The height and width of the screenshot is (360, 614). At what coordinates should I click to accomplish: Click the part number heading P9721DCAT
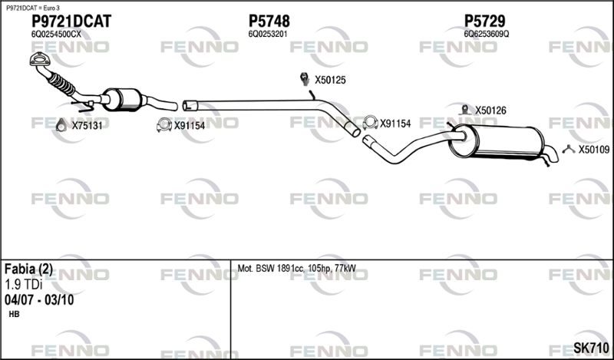point(71,21)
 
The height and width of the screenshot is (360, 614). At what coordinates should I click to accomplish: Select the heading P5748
point(269,21)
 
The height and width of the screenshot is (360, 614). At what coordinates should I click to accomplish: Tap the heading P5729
point(485,21)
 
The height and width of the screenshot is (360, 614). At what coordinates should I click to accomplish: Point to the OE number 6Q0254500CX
point(56,34)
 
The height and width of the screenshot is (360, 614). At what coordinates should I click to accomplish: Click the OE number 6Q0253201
point(268,34)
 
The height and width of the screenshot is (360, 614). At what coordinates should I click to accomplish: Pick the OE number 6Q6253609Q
point(487,34)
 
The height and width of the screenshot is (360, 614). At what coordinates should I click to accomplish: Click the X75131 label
point(87,126)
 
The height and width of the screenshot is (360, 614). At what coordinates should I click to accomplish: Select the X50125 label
point(331,81)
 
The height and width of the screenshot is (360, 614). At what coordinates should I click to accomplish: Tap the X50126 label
point(490,111)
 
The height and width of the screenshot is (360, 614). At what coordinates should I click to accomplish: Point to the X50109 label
point(594,150)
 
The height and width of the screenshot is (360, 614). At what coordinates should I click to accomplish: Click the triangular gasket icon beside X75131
point(61,125)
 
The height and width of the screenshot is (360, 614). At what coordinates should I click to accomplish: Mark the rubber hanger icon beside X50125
point(304,79)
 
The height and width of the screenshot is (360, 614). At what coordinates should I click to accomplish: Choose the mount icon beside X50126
point(465,110)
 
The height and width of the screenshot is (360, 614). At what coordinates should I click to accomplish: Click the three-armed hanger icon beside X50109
point(569,149)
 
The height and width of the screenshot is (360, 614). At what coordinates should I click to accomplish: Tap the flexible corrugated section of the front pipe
point(61,83)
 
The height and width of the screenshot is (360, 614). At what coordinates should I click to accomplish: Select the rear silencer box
point(497,141)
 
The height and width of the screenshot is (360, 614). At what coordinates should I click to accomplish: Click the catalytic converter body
point(122,100)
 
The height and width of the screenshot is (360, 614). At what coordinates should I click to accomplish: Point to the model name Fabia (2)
point(28,269)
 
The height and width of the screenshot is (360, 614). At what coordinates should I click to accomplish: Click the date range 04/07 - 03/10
point(39,300)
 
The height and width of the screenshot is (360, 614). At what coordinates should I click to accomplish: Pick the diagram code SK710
point(591,348)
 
